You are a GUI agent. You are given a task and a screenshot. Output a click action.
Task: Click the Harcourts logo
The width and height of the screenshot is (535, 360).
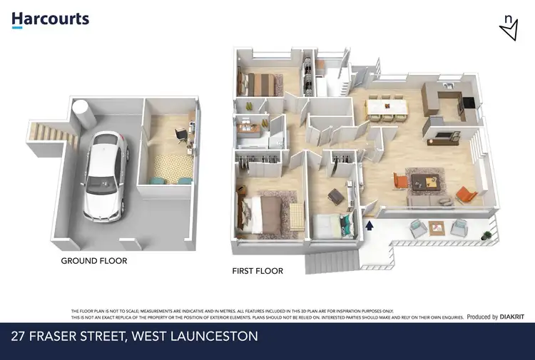pos(50,19)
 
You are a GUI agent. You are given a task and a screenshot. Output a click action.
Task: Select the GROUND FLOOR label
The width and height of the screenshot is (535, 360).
pos(93,261)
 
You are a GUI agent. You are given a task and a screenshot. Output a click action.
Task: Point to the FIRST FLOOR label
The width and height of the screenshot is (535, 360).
pos(258,271)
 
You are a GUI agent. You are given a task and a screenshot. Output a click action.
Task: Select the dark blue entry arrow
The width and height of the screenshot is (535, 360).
pos(370,226)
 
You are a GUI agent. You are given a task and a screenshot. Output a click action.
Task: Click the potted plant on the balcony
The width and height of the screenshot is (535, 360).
pos(486,234)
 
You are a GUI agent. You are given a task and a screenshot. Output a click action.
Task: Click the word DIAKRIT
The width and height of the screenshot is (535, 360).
pos(512,317)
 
